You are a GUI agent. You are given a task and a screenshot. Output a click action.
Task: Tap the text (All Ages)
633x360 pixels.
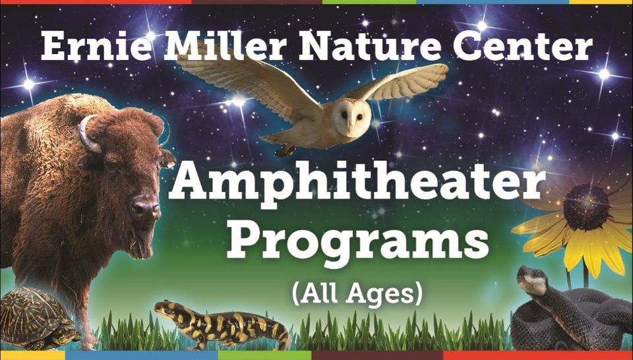357,293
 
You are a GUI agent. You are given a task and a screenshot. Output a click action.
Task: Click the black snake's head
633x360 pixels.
531,278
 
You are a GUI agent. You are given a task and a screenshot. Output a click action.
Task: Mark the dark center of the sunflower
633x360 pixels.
586,207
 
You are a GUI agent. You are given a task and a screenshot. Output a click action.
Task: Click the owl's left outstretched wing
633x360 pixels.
237,76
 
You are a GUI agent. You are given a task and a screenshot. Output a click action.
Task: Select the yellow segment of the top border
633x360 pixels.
600,2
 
